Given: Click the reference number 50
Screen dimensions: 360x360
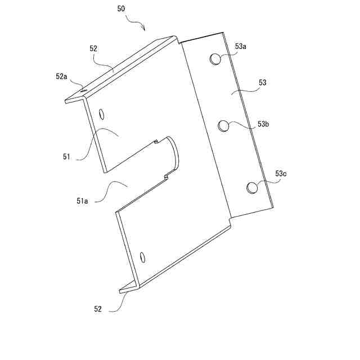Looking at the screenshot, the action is point(121,9).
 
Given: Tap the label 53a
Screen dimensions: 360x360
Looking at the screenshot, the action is point(240,47).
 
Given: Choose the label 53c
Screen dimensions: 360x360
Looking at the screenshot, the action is point(281,174).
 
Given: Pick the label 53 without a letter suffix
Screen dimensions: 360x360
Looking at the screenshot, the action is point(262,83).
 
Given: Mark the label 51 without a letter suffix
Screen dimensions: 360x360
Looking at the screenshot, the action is point(66,157).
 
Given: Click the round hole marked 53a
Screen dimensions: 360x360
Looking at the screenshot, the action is point(216,58).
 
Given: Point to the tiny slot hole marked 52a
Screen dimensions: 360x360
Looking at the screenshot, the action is point(83,89).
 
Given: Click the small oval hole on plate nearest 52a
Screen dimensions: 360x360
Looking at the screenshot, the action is point(101,115).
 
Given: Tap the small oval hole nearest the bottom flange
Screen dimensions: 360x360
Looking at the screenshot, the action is point(142,257).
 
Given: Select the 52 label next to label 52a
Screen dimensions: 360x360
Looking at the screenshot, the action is point(93,49).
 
